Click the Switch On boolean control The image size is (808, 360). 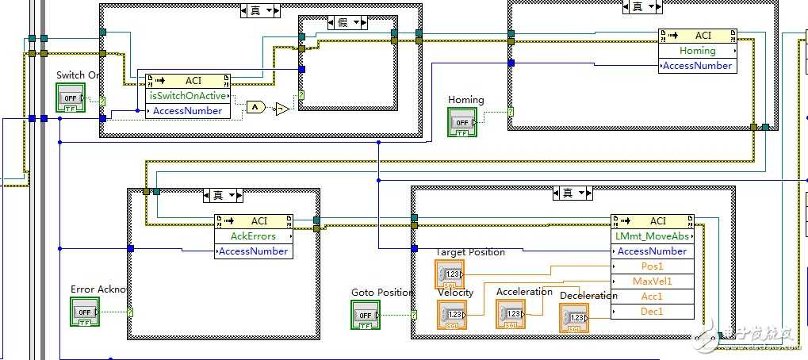pos(70,98)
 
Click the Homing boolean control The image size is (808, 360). pos(462,123)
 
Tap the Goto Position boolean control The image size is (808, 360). pos(366,315)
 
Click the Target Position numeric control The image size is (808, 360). pos(450,274)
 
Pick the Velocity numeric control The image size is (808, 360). pos(451,315)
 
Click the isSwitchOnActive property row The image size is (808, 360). pos(189,96)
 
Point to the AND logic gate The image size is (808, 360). pos(255,107)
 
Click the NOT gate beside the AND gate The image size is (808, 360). pos(281,109)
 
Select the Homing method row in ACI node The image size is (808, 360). pos(697,51)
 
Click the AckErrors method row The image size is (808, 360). pos(253,236)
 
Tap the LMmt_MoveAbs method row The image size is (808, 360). pos(653,236)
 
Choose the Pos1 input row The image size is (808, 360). pos(653,266)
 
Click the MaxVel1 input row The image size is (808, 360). pos(653,281)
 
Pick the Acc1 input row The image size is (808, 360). pos(653,297)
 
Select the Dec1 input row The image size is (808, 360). pos(653,312)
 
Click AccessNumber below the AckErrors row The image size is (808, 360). pos(253,251)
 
